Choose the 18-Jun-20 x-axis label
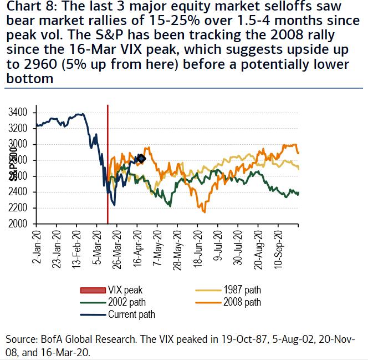198,247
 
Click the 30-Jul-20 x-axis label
239,247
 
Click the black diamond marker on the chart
141,159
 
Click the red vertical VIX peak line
108,166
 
